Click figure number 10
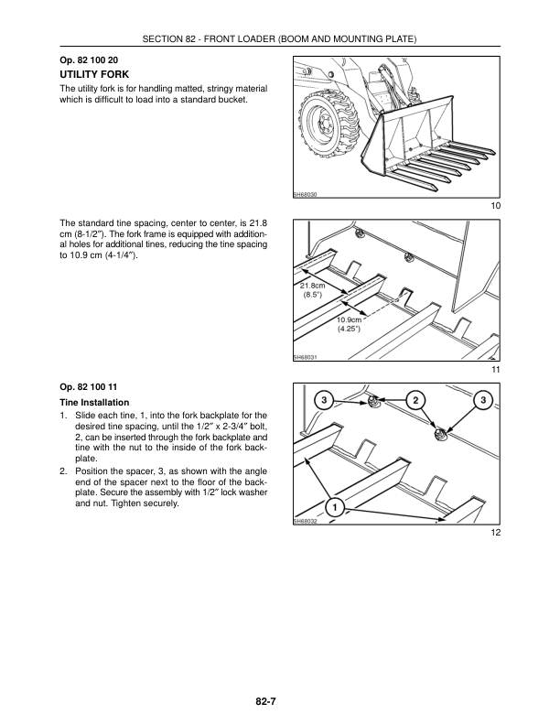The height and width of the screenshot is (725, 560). [495, 206]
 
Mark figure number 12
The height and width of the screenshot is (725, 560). [495, 532]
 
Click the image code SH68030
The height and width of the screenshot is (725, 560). [305, 195]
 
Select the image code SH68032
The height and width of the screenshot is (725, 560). [305, 521]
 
